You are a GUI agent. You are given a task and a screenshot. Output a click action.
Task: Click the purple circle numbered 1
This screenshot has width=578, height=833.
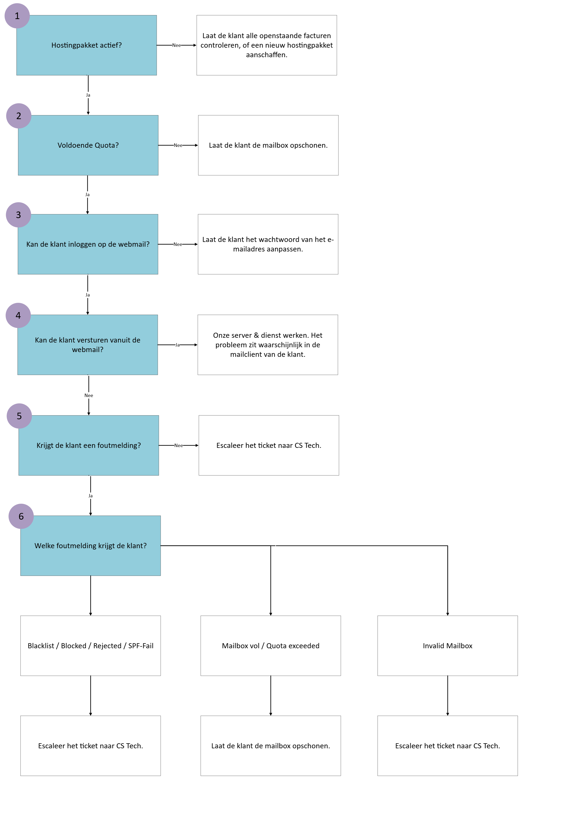coord(17,16)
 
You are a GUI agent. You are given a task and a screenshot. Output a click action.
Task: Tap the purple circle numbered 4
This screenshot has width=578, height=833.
coord(18,315)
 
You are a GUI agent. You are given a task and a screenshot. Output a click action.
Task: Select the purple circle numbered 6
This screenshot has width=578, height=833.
coord(21,516)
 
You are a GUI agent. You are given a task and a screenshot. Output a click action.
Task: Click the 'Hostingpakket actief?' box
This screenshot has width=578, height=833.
coord(87,45)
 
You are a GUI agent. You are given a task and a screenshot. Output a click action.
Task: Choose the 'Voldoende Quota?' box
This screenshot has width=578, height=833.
coord(88,145)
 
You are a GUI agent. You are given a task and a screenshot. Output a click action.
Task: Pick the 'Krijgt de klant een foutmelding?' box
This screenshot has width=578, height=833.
coord(89,445)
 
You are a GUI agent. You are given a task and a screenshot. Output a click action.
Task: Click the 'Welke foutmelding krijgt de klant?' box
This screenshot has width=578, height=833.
coord(91,546)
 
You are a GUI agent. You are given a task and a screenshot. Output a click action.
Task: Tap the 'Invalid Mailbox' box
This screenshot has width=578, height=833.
coord(448,646)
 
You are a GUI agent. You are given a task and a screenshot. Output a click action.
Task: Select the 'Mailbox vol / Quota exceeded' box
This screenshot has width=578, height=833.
coord(271,646)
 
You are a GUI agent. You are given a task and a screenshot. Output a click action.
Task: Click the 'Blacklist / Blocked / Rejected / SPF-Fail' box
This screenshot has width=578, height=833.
coord(91,646)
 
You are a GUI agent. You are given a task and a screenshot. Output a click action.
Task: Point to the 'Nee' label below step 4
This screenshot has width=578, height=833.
coord(89,395)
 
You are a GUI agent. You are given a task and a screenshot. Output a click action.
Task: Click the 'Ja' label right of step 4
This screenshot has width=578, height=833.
coord(177,345)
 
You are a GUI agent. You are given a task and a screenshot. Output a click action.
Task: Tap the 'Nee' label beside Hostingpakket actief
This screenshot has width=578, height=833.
coord(176,45)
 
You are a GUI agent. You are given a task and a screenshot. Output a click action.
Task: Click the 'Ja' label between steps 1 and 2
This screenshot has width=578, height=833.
coord(88,95)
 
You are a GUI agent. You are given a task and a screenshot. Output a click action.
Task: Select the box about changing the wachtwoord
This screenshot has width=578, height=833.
coord(268,244)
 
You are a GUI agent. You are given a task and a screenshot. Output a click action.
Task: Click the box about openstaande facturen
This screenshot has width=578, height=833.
coord(267,45)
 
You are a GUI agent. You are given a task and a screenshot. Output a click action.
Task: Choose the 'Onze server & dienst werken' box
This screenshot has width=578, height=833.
coord(268,345)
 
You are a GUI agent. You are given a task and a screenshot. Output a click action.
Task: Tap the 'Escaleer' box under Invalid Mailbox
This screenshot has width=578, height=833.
coord(448,746)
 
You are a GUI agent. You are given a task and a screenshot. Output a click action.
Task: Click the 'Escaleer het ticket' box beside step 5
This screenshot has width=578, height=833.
coord(269,445)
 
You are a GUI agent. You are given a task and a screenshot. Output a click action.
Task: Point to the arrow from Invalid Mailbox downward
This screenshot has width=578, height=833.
coord(448,695)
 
